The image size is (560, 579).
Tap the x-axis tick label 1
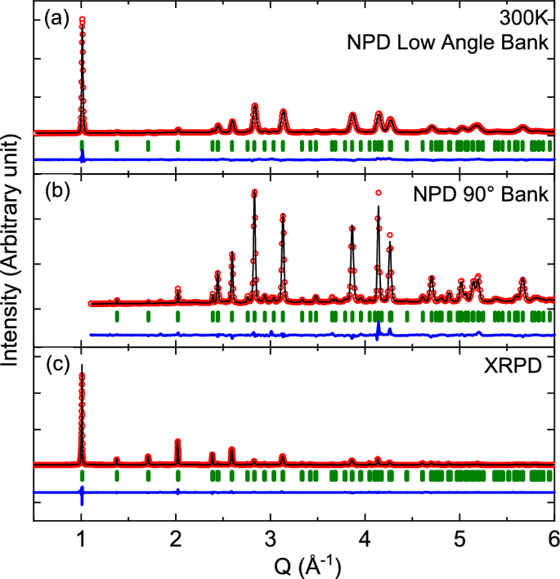click(x=81, y=538)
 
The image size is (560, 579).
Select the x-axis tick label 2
click(x=176, y=538)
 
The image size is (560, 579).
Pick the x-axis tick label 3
click(x=271, y=538)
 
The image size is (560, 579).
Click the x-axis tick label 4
click(x=365, y=538)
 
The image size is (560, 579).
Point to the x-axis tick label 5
click(x=459, y=538)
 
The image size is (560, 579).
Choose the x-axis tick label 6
click(x=553, y=538)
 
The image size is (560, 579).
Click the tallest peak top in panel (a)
click(x=82, y=19)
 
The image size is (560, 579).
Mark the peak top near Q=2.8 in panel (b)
click(x=255, y=193)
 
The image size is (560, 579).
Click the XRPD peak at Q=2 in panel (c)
click(x=177, y=441)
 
